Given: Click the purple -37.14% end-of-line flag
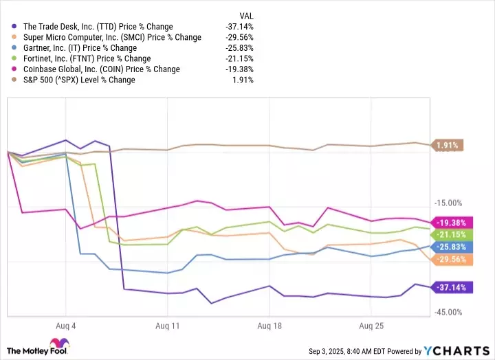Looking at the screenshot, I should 451,287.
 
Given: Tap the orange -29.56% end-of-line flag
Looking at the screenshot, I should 451,259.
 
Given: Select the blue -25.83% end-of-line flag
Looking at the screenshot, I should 451,246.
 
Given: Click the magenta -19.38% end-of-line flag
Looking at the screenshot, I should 451,222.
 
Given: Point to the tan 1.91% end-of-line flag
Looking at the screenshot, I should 447,145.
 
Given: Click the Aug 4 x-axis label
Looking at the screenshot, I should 66,325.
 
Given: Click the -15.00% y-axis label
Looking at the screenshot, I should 450,203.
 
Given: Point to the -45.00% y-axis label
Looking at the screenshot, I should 450,313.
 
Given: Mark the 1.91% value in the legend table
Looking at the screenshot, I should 242,80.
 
